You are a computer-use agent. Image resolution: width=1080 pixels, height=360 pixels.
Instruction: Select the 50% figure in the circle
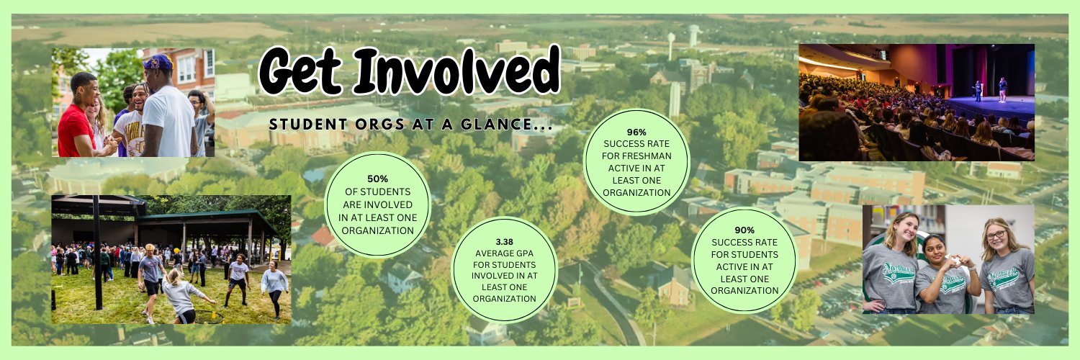(x=377, y=179)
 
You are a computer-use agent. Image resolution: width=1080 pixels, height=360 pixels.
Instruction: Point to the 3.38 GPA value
(x=504, y=242)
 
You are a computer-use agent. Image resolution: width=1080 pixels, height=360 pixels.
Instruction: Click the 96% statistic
(x=636, y=132)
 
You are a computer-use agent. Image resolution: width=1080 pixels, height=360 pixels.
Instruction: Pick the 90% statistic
(x=744, y=230)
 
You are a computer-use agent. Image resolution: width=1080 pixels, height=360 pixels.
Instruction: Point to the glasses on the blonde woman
(x=996, y=235)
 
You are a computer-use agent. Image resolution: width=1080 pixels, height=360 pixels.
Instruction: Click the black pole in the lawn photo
(x=96, y=252)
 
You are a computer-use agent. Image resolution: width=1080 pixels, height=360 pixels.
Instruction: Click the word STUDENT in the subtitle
(x=301, y=125)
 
